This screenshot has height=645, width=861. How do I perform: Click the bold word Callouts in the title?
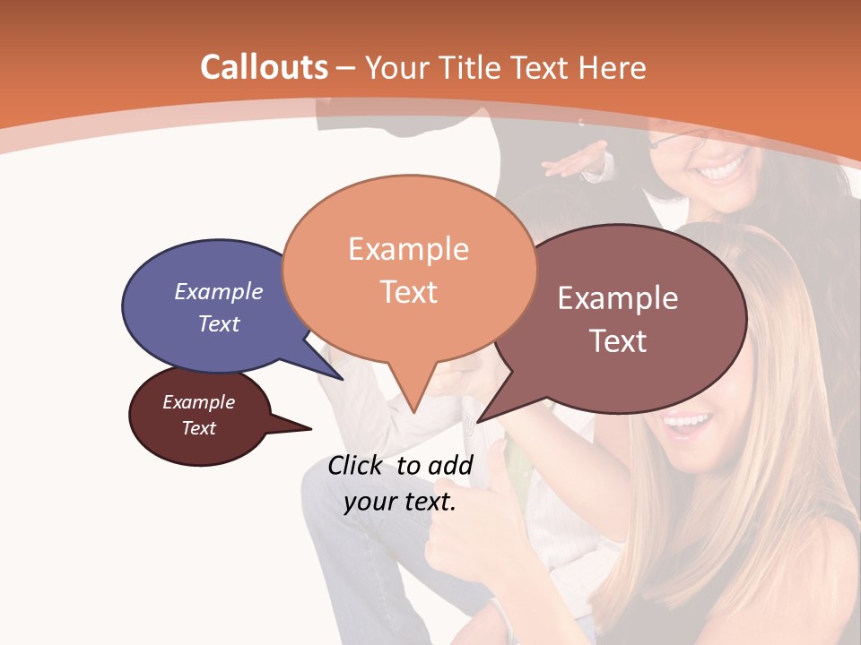pyautogui.click(x=264, y=67)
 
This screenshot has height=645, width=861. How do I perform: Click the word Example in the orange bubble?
pyautogui.click(x=408, y=249)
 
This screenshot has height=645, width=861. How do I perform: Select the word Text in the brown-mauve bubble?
pyautogui.click(x=618, y=341)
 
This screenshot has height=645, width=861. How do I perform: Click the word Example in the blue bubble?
pyautogui.click(x=219, y=291)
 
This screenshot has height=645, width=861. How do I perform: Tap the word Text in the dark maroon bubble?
pyautogui.click(x=199, y=428)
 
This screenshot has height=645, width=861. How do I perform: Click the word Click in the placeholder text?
pyautogui.click(x=357, y=465)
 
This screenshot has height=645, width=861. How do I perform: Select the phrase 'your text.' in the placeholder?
pyautogui.click(x=400, y=502)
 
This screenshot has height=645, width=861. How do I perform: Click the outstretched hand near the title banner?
pyautogui.click(x=574, y=162)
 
